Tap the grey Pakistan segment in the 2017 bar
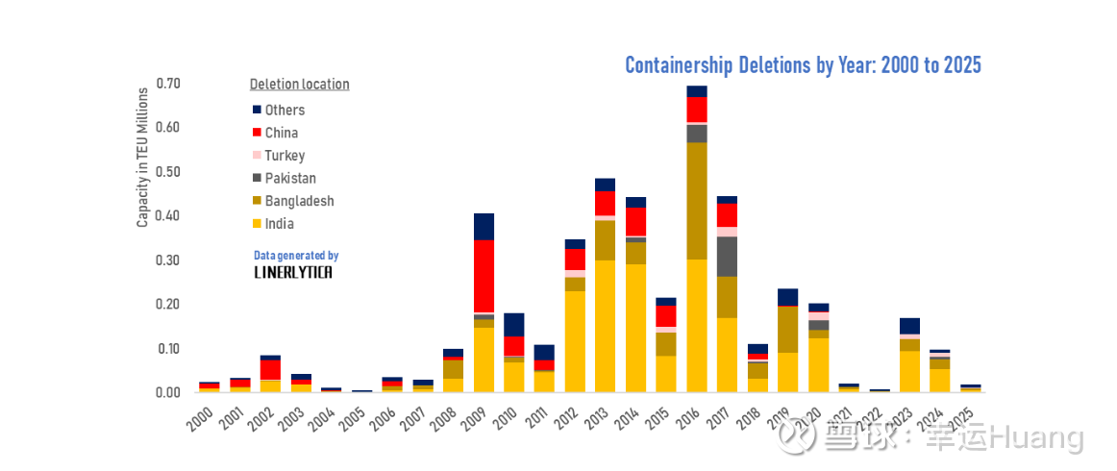click(727, 256)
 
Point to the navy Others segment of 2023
click(909, 325)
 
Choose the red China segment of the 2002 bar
click(270, 369)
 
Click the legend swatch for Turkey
click(257, 156)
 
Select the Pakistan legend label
click(290, 179)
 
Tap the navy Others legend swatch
click(257, 111)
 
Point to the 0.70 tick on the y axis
click(168, 84)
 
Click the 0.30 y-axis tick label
click(168, 260)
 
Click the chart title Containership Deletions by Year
click(803, 65)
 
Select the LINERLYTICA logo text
click(293, 272)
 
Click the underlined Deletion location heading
click(299, 85)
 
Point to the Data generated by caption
click(296, 256)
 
